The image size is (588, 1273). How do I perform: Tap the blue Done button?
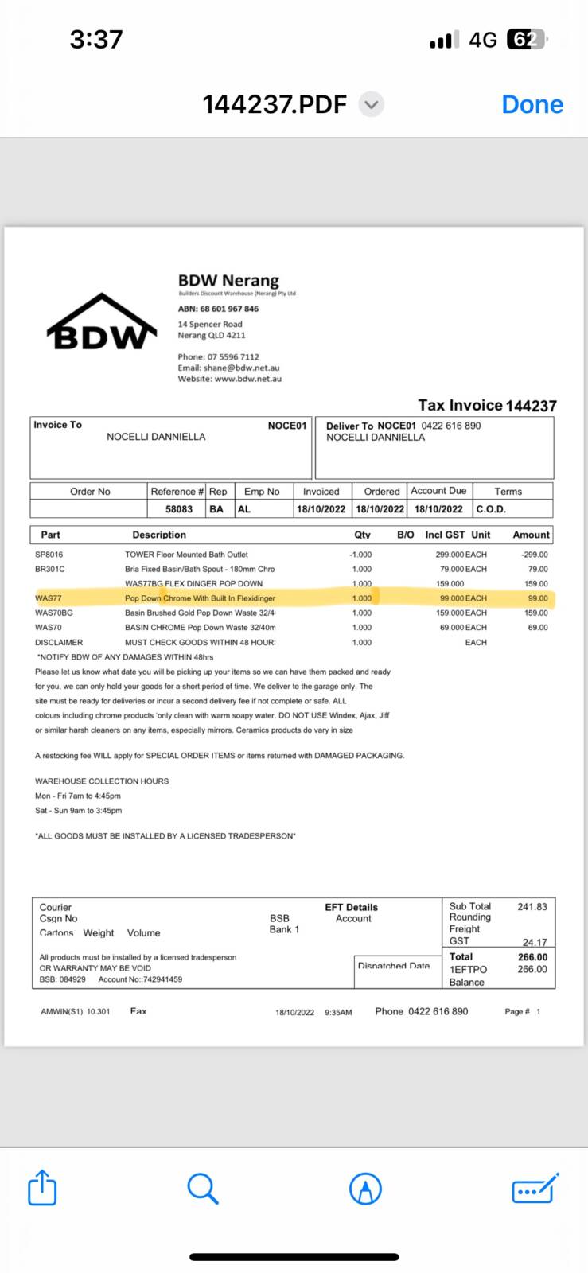532,104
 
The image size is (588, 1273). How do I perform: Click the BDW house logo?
102,323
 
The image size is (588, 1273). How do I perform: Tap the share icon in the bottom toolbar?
42,1189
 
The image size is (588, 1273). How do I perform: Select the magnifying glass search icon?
203,1189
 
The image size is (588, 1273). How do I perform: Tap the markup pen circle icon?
366,1189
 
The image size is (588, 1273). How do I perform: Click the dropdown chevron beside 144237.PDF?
372,104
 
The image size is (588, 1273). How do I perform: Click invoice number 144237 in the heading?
531,406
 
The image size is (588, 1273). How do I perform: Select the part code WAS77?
49,598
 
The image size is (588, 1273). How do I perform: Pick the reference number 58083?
179,509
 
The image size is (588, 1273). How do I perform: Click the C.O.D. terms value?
491,509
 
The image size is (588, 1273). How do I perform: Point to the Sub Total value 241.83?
532,906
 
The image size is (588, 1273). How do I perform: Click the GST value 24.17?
535,942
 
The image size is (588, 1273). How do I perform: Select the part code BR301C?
50,569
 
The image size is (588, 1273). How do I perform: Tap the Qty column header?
362,535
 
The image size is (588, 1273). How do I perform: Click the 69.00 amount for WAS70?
538,628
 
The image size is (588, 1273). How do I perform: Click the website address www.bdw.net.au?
248,379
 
